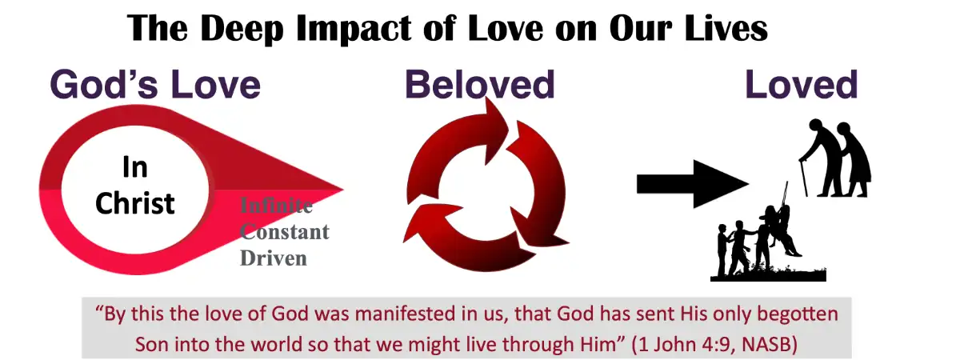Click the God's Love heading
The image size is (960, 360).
point(156,85)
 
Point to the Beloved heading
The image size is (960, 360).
point(479,85)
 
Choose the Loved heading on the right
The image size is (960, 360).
point(802,85)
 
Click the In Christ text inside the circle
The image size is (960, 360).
point(134,186)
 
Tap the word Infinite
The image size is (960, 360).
point(277,206)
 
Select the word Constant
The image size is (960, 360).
point(285,232)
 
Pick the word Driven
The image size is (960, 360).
point(274,258)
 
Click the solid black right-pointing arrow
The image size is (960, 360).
point(692,184)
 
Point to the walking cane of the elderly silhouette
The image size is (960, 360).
point(802,177)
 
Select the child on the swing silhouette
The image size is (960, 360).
point(780,228)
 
